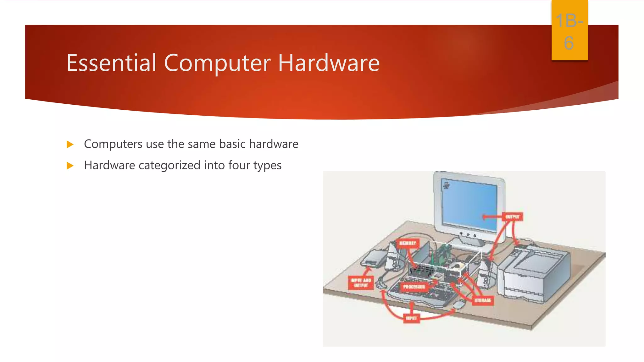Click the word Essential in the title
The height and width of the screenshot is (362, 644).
[x=111, y=63]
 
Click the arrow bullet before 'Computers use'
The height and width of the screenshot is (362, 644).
[x=70, y=145]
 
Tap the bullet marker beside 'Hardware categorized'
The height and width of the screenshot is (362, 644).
[x=70, y=166]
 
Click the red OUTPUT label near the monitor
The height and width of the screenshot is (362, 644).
[x=512, y=217]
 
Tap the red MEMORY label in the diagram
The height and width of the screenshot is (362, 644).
[x=408, y=243]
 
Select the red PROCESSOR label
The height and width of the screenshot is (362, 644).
[x=414, y=287]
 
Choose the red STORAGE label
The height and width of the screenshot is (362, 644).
[x=483, y=300]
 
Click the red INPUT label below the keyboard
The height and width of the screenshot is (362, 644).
[x=411, y=318]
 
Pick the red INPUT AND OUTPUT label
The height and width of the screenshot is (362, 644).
[x=361, y=282]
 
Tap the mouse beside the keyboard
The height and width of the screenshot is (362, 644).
[x=459, y=304]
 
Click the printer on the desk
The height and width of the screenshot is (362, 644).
[x=535, y=273]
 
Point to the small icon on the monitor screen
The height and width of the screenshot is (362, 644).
[x=446, y=185]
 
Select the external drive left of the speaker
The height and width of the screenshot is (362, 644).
[x=374, y=258]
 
